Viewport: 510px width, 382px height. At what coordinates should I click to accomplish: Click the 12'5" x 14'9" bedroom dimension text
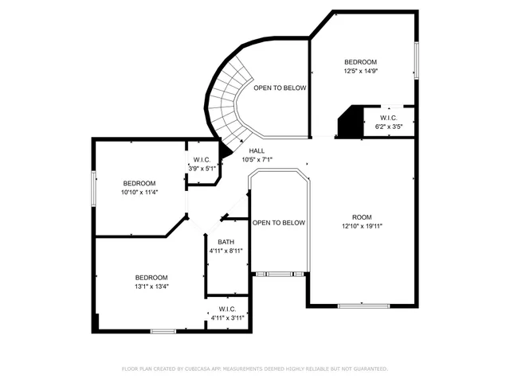click(360, 71)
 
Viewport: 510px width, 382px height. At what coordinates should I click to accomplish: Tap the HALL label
click(257, 150)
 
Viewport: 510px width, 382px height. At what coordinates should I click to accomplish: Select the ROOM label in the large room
click(363, 217)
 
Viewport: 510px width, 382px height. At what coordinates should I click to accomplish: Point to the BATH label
click(226, 242)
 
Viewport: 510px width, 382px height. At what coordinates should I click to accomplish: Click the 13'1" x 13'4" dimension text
click(151, 286)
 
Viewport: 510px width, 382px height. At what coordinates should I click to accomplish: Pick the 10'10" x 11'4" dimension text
click(139, 192)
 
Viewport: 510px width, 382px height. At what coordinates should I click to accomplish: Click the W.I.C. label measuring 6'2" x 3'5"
click(389, 118)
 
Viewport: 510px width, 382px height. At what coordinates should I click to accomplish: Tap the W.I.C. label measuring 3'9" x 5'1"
click(202, 159)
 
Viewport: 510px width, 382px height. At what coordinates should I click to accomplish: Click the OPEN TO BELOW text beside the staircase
click(280, 88)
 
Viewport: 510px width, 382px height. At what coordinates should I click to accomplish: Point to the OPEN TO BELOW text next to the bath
click(279, 223)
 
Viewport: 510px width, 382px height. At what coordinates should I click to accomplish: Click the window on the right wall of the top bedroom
click(415, 60)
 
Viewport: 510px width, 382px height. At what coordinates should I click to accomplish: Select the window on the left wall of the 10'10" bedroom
click(93, 187)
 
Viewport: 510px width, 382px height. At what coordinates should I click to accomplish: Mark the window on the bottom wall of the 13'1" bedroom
click(163, 330)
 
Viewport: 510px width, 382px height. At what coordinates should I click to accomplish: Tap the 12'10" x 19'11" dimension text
click(363, 226)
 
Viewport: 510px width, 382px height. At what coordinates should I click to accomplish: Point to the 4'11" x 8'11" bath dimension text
click(226, 251)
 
